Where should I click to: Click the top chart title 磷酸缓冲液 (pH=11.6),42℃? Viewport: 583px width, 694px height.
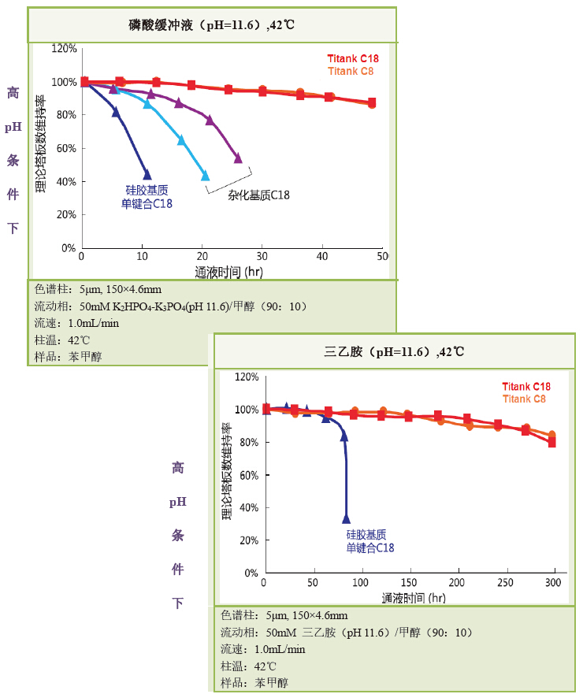tap(210, 25)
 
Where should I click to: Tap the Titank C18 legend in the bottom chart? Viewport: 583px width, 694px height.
tap(526, 387)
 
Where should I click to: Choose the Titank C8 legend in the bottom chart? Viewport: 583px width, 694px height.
tap(526, 399)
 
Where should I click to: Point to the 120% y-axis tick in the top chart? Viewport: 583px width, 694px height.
tap(63, 49)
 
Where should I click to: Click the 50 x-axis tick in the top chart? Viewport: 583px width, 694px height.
tap(382, 256)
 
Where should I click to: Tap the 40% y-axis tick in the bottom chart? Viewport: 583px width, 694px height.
tap(247, 507)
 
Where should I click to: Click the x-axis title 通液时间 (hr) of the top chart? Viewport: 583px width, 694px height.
tap(229, 272)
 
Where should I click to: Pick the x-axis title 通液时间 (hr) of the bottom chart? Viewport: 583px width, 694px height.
tap(414, 598)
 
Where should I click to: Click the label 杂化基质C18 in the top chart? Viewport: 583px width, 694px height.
tap(259, 195)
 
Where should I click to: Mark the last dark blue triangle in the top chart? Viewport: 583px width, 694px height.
tap(146, 175)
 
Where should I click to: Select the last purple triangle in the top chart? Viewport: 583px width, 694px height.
tap(238, 158)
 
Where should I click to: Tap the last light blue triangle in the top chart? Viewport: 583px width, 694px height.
tap(206, 176)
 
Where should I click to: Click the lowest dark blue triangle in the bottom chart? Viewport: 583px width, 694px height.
tap(346, 518)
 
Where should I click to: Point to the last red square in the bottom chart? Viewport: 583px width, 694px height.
tap(551, 443)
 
